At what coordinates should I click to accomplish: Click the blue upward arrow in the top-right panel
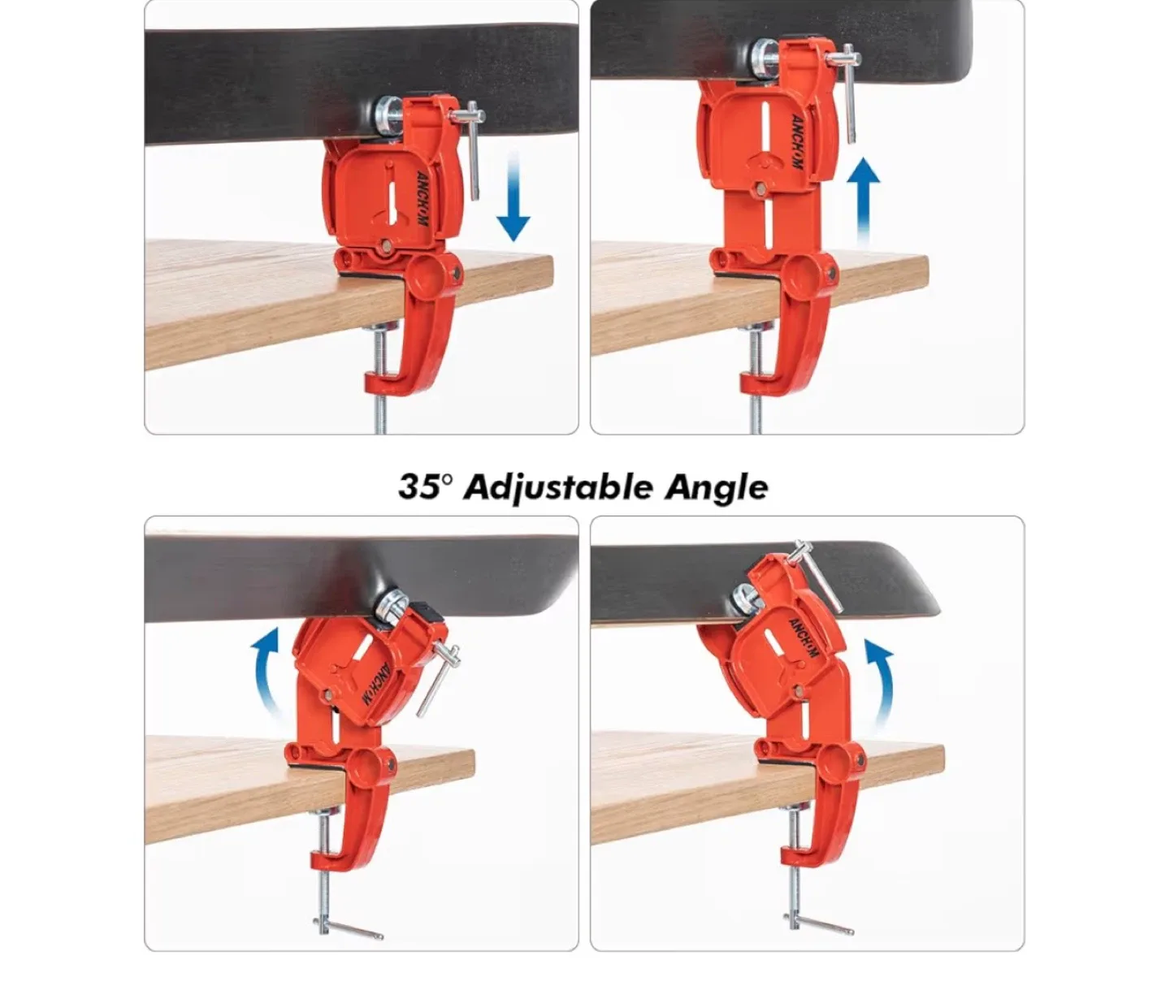coord(863,201)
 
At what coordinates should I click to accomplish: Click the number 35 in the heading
coord(418,486)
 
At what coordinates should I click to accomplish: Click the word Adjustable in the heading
coord(557,487)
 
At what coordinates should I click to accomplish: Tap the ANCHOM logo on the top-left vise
coord(421,198)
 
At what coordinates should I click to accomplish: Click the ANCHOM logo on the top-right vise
coord(796,141)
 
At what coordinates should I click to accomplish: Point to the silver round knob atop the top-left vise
coord(388,116)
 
